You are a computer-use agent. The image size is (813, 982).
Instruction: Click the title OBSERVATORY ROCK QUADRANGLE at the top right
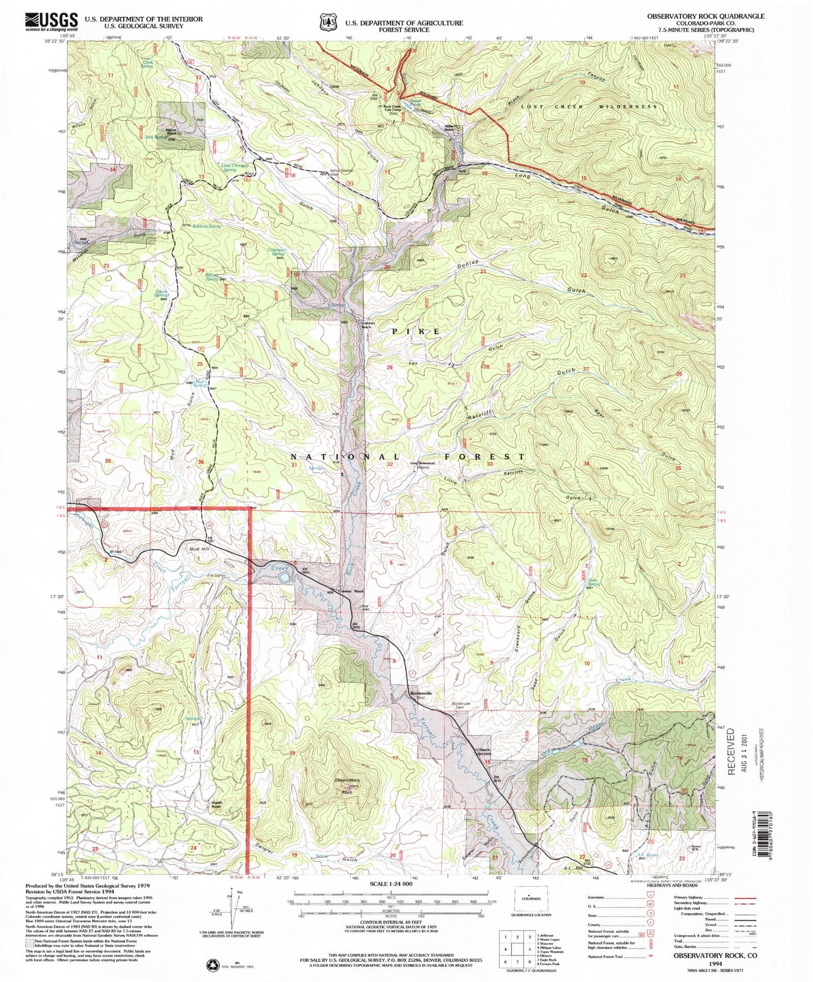(x=706, y=16)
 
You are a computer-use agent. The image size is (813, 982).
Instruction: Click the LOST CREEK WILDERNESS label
(x=589, y=107)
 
